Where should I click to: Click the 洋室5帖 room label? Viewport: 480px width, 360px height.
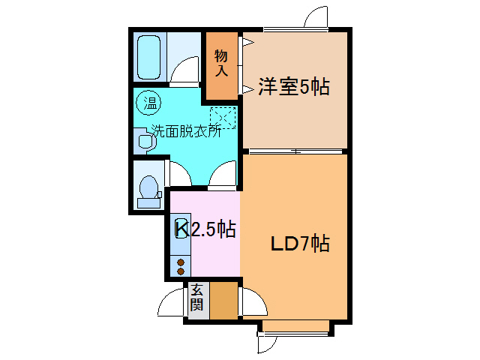(x=294, y=87)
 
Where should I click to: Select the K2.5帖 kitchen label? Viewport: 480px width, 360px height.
(x=205, y=229)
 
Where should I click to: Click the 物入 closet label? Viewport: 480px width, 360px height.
(x=221, y=63)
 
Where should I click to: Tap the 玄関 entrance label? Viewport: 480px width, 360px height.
(x=196, y=298)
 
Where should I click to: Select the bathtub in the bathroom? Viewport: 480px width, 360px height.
(x=151, y=56)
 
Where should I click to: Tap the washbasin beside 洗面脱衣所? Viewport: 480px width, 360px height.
(x=143, y=140)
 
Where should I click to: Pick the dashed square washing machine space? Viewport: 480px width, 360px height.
(x=223, y=118)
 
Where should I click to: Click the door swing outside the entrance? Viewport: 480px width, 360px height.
(x=172, y=304)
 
